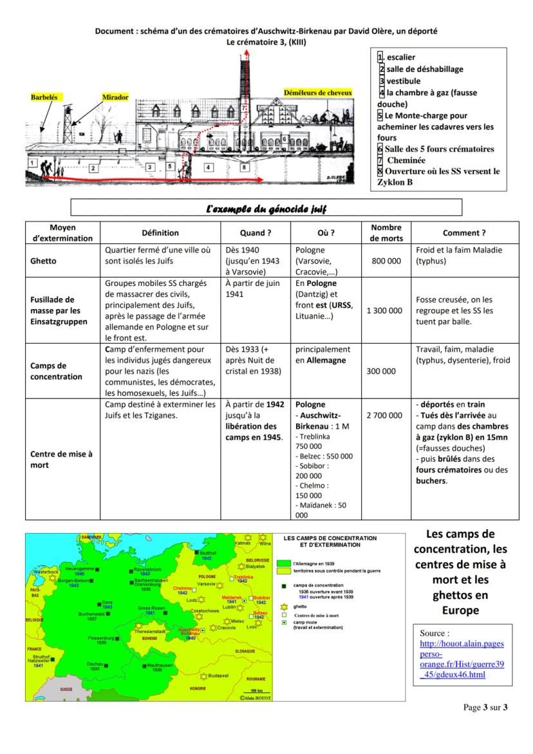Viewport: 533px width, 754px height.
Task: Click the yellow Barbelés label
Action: tap(44, 97)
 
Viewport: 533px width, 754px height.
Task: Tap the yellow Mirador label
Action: tap(115, 97)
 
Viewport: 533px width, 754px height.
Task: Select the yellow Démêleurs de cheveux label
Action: tap(318, 93)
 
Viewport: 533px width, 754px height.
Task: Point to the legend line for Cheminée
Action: tap(406, 160)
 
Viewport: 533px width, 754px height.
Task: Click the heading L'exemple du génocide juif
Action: tap(266, 207)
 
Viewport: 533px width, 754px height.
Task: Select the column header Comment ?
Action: tap(464, 233)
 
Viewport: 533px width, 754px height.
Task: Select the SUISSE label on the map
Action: tap(66, 688)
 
